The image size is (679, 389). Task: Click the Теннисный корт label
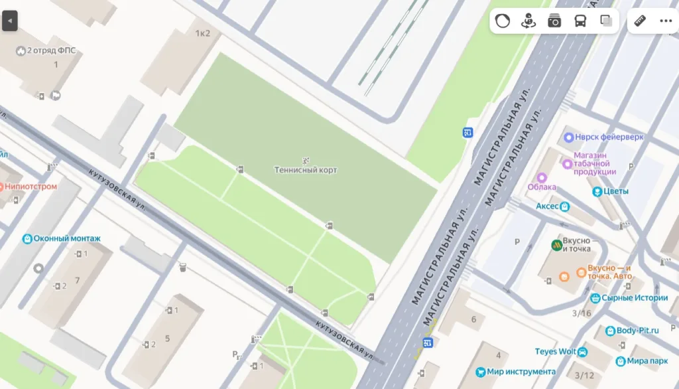coord(306,170)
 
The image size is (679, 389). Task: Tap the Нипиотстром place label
coord(31,187)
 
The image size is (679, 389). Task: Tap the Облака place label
coord(541,187)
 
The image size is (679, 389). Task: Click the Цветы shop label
coord(615,191)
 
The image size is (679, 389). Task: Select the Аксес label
coord(548,206)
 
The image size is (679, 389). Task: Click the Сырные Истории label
coord(635,298)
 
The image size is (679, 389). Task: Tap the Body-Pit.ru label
coord(637,330)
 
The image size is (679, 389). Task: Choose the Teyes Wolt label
coord(556,351)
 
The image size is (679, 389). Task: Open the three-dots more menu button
coord(666,21)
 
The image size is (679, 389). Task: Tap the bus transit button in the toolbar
coord(580,21)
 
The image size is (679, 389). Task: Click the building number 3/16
coord(582,313)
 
